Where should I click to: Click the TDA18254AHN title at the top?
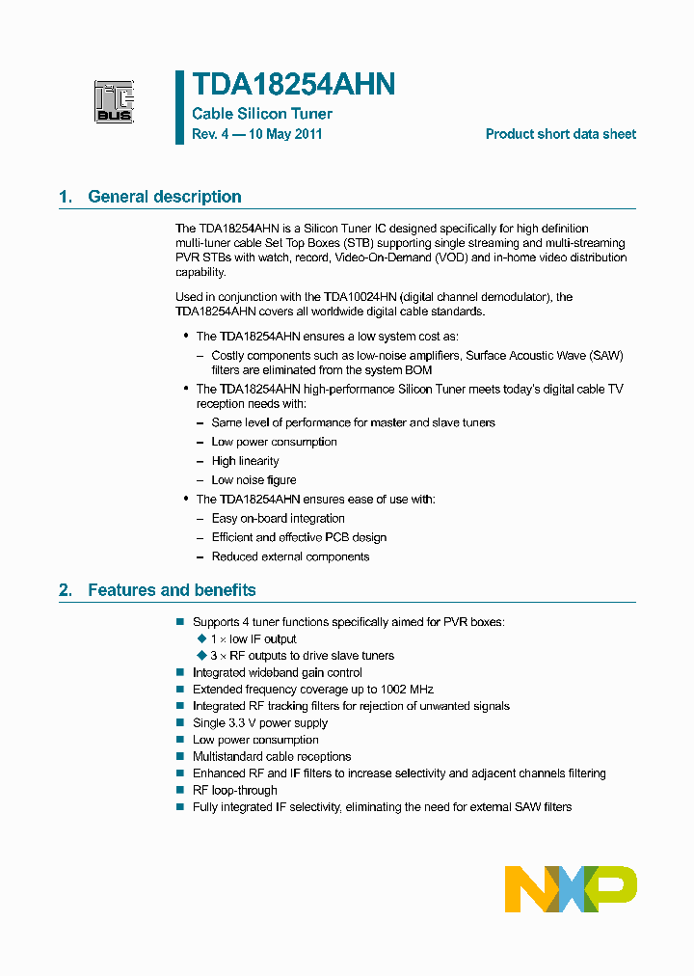[293, 86]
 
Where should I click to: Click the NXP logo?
[571, 888]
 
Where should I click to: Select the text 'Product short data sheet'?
[560, 135]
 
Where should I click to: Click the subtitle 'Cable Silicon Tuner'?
[262, 114]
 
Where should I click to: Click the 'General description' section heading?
[165, 197]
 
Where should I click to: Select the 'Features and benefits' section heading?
[172, 590]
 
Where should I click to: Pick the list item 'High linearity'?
[245, 461]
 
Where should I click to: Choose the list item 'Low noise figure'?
[254, 480]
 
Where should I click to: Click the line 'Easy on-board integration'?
[278, 519]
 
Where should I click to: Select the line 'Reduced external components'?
[290, 556]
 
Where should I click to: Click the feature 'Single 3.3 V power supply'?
[260, 723]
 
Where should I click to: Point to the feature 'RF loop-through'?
[235, 790]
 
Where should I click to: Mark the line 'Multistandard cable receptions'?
[272, 757]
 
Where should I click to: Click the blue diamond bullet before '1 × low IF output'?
[201, 638]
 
